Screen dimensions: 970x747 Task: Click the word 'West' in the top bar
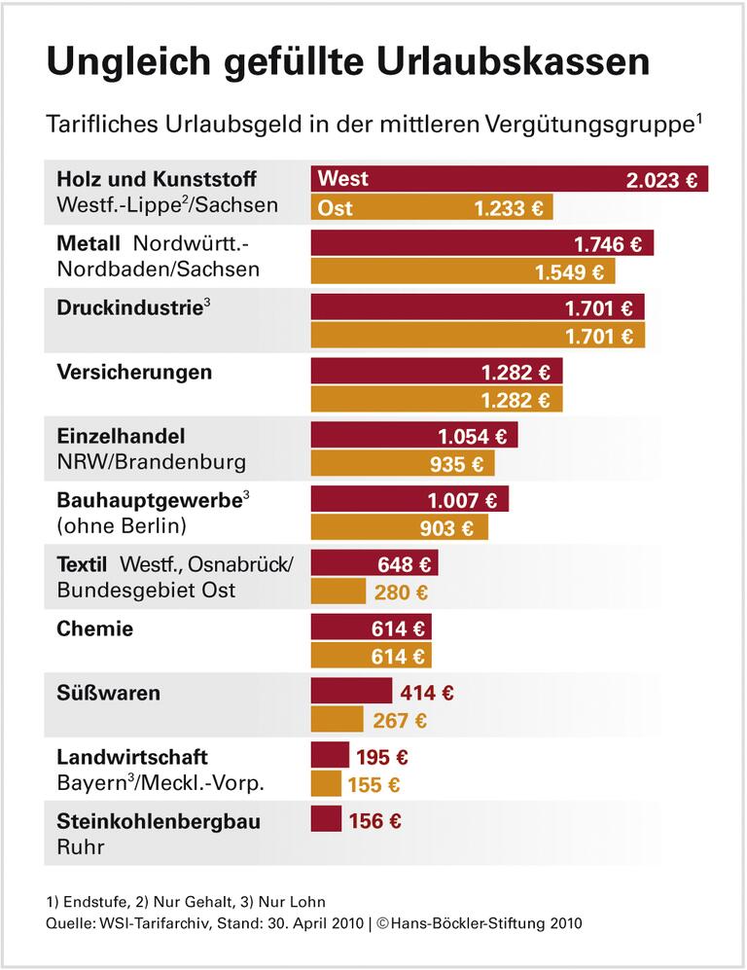[343, 179]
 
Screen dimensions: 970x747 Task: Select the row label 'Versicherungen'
[134, 372]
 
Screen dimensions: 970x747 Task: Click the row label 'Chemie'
[94, 629]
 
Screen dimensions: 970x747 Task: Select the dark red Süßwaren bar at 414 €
[350, 692]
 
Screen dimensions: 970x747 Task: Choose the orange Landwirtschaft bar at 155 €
[326, 784]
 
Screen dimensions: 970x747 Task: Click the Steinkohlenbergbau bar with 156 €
[326, 819]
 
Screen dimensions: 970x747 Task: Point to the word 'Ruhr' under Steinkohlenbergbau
[80, 846]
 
